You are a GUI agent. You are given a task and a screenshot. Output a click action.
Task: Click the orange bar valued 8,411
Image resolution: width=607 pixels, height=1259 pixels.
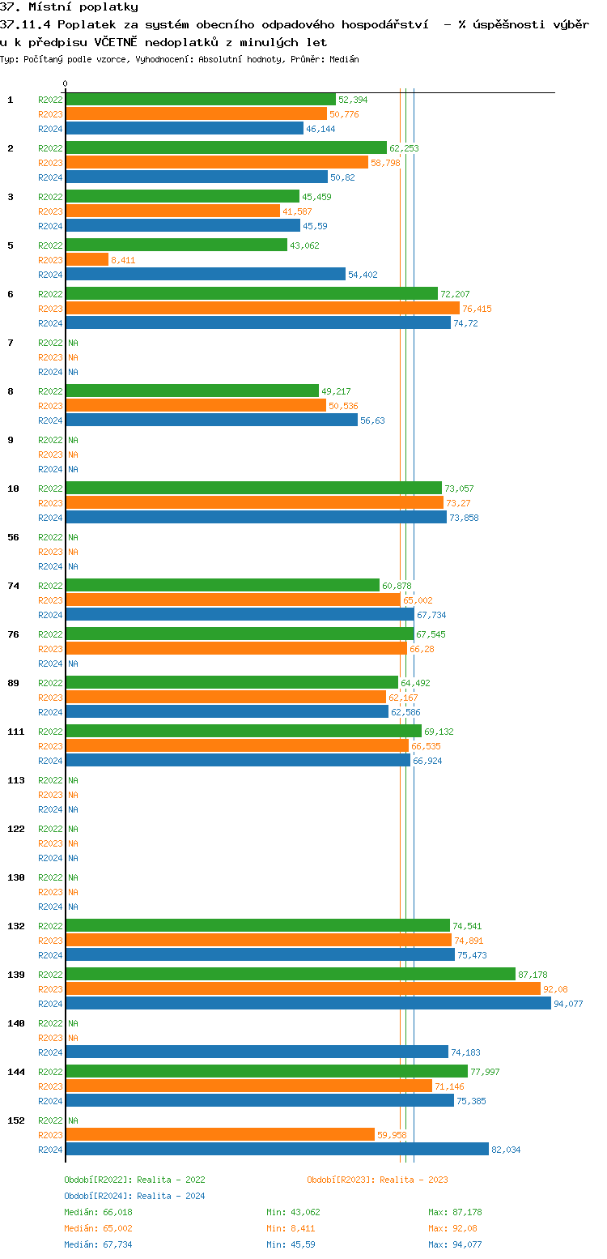pyautogui.click(x=87, y=259)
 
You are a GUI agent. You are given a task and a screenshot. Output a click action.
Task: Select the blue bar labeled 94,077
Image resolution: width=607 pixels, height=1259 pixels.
pyautogui.click(x=308, y=1003)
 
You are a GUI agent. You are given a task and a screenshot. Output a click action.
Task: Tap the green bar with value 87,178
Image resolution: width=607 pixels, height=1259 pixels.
pyautogui.click(x=290, y=974)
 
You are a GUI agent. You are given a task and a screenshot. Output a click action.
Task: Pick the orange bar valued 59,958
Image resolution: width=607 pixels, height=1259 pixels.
pyautogui.click(x=219, y=1134)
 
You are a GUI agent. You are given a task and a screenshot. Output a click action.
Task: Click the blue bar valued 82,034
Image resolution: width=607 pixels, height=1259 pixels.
pyautogui.click(x=277, y=1149)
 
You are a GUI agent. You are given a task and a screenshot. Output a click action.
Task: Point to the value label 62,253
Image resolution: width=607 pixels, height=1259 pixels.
pyautogui.click(x=404, y=148)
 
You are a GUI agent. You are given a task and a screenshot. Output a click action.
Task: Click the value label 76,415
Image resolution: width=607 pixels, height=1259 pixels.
pyautogui.click(x=477, y=309)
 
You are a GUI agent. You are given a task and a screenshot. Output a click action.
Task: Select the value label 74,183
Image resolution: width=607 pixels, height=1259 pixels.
pyautogui.click(x=465, y=1052)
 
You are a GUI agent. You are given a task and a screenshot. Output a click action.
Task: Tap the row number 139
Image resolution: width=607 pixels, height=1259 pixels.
pyautogui.click(x=15, y=975)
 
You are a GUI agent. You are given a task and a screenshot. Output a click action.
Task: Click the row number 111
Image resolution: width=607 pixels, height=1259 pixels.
pyautogui.click(x=15, y=732)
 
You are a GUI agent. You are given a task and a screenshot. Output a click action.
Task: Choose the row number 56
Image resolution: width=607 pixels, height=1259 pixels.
pyautogui.click(x=13, y=537)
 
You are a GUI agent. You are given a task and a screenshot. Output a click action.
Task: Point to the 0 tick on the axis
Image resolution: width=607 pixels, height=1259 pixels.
pyautogui.click(x=66, y=83)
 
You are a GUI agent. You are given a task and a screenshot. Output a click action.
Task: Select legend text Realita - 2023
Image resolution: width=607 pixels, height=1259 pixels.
pyautogui.click(x=414, y=1180)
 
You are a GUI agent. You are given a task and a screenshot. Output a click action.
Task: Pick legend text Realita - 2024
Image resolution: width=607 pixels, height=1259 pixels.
pyautogui.click(x=171, y=1196)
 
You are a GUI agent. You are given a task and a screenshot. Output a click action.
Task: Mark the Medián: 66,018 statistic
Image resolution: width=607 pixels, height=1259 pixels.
pyautogui.click(x=98, y=1212)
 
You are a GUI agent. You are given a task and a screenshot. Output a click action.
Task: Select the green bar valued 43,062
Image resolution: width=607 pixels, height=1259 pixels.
pyautogui.click(x=176, y=245)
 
